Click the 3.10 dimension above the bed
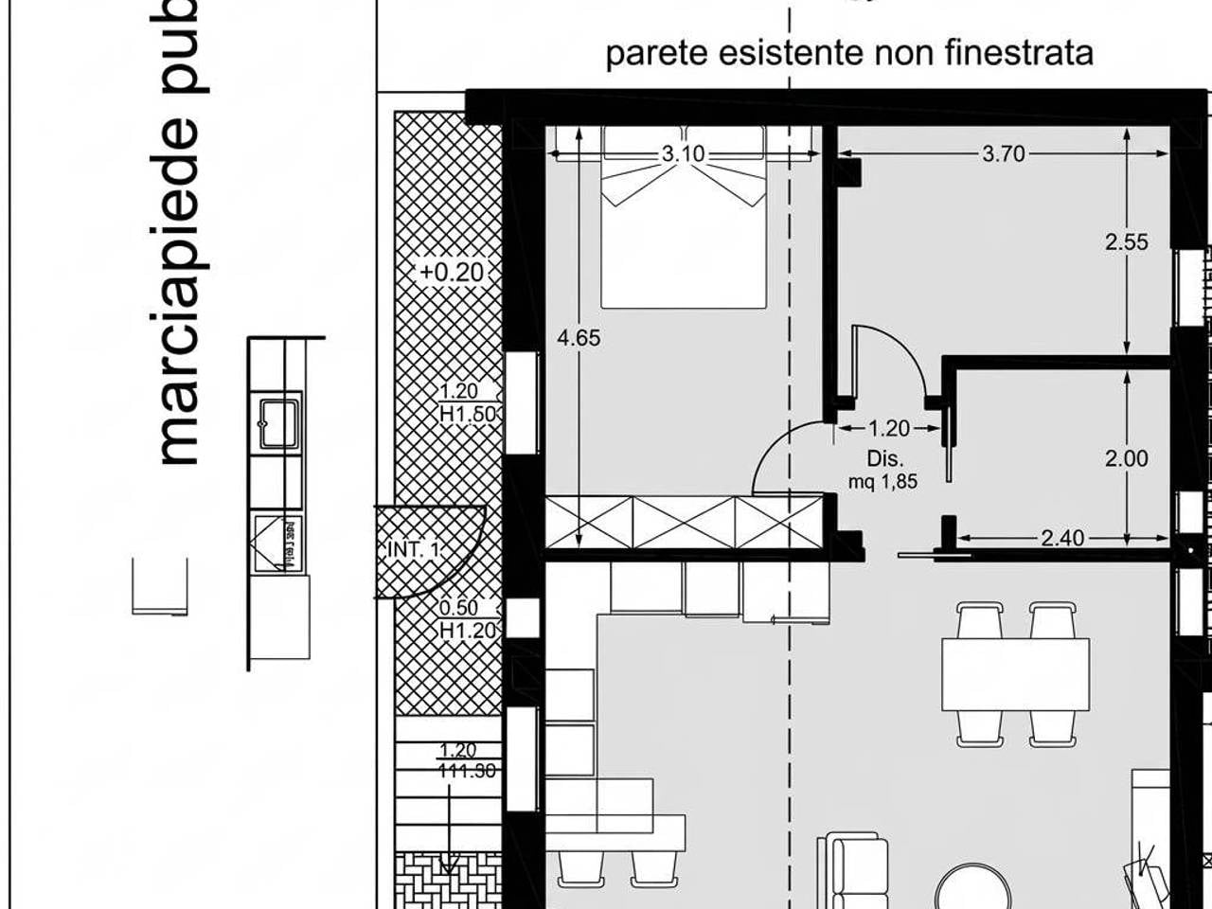[683, 153]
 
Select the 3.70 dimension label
[1003, 153]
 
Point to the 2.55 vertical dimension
[1126, 242]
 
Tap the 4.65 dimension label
[579, 338]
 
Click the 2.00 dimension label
[1126, 459]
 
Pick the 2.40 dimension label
[1062, 539]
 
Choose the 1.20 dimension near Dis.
[888, 429]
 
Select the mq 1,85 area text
[882, 481]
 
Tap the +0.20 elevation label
[453, 273]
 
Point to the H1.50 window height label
[468, 414]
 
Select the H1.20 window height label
[468, 630]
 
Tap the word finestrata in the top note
[1020, 53]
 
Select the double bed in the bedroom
[684, 218]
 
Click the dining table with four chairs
[1015, 674]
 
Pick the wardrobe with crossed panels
[684, 523]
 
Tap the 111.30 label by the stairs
[468, 772]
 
